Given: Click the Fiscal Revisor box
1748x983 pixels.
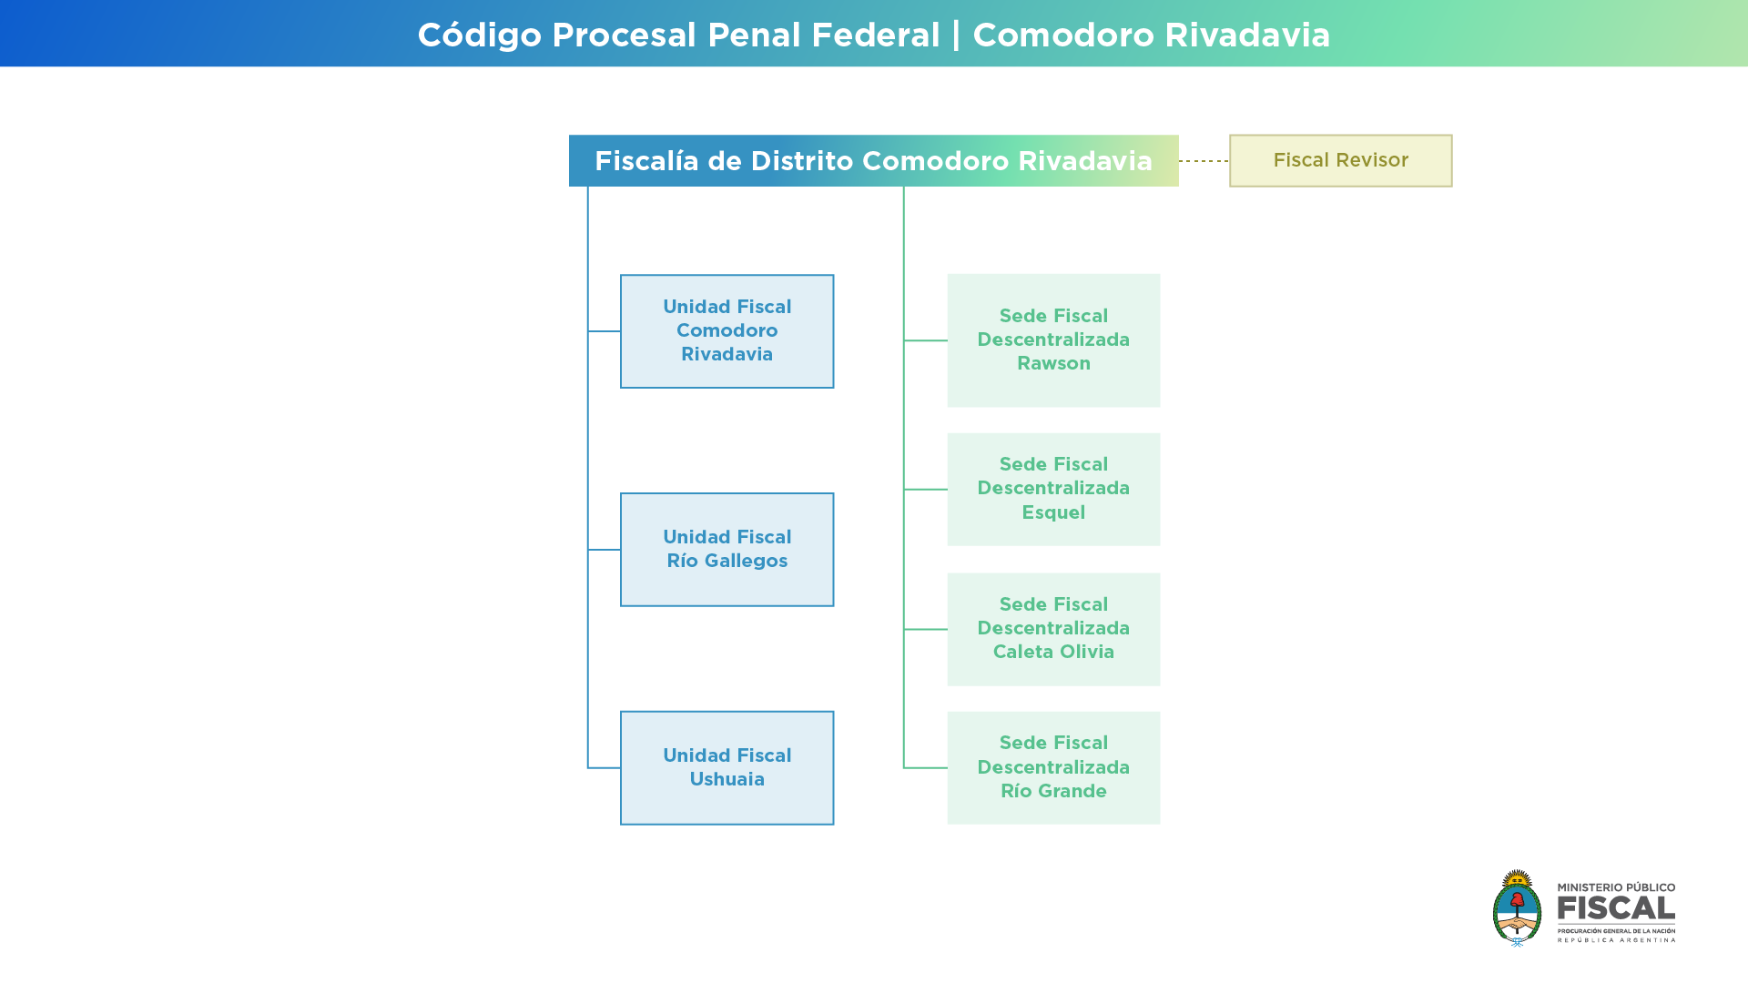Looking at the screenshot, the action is pyautogui.click(x=1340, y=161).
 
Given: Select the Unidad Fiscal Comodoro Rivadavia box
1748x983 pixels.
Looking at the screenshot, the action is pyautogui.click(x=727, y=331).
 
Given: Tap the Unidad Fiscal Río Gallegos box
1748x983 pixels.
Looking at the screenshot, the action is pyautogui.click(x=727, y=550).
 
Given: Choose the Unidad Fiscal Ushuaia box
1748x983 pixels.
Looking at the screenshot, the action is pyautogui.click(x=727, y=768).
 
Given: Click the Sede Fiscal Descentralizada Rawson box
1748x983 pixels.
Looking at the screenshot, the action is pyautogui.click(x=1053, y=340).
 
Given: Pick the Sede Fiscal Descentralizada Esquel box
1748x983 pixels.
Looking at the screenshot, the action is pyautogui.click(x=1053, y=490).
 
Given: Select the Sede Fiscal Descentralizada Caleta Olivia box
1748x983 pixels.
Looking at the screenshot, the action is pyautogui.click(x=1053, y=629).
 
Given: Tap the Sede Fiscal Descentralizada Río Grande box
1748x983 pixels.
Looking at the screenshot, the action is pyautogui.click(x=1053, y=768).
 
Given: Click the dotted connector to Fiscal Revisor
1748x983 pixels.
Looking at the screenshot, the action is pyautogui.click(x=1204, y=161).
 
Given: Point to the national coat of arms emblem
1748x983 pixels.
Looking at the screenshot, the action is pyautogui.click(x=1517, y=908).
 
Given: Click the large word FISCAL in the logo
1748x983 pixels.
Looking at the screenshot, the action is pyautogui.click(x=1616, y=908).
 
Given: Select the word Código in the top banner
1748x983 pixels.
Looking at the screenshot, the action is pyautogui.click(x=480, y=35).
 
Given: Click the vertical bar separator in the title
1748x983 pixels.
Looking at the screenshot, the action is pyautogui.click(x=956, y=35).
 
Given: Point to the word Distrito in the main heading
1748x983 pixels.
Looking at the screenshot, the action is pyautogui.click(x=801, y=161).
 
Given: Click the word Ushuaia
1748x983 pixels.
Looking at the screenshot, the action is pyautogui.click(x=727, y=779).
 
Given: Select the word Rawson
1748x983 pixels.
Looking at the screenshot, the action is pyautogui.click(x=1053, y=363).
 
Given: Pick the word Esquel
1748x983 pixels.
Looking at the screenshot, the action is pyautogui.click(x=1053, y=512).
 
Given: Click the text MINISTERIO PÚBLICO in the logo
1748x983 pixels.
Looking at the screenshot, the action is pyautogui.click(x=1616, y=887).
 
